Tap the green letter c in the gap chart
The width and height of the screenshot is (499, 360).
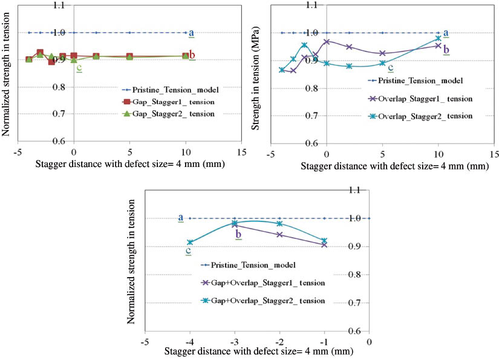click(79, 67)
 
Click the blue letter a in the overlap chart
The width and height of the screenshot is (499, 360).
click(446, 33)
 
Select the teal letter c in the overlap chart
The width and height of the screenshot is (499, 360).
click(390, 68)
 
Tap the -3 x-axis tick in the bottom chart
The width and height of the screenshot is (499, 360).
click(234, 341)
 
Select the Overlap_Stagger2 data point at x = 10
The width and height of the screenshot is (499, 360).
click(439, 39)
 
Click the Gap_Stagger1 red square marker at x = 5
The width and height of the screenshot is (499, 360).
click(129, 56)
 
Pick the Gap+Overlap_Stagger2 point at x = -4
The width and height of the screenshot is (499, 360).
click(190, 242)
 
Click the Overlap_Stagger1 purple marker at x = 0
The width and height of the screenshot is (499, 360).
click(327, 42)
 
